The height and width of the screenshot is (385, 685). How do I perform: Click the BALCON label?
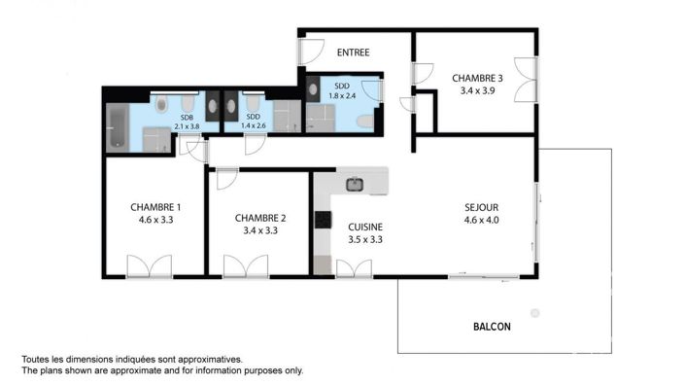pyautogui.click(x=491, y=327)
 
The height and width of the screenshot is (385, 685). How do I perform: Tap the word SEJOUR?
pyautogui.click(x=481, y=206)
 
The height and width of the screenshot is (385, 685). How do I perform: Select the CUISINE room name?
pyautogui.click(x=365, y=226)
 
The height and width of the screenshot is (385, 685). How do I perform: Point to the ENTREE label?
pyautogui.click(x=353, y=52)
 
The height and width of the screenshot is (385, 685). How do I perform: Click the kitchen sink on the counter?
pyautogui.click(x=355, y=183)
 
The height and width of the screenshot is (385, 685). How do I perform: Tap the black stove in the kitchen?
pyautogui.click(x=322, y=220)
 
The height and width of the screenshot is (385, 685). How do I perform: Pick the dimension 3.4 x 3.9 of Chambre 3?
pyautogui.click(x=477, y=92)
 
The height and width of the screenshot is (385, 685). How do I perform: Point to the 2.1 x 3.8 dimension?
pyautogui.click(x=186, y=126)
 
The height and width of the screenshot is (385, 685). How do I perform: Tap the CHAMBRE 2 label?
pyautogui.click(x=259, y=218)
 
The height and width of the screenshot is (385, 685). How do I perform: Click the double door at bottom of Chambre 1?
pyautogui.click(x=149, y=266)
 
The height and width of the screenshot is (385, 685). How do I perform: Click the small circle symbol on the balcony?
pyautogui.click(x=533, y=312)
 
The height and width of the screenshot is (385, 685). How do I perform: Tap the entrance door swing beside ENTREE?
pyautogui.click(x=312, y=52)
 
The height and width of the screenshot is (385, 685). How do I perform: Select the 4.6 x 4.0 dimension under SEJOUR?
pyautogui.click(x=481, y=220)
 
